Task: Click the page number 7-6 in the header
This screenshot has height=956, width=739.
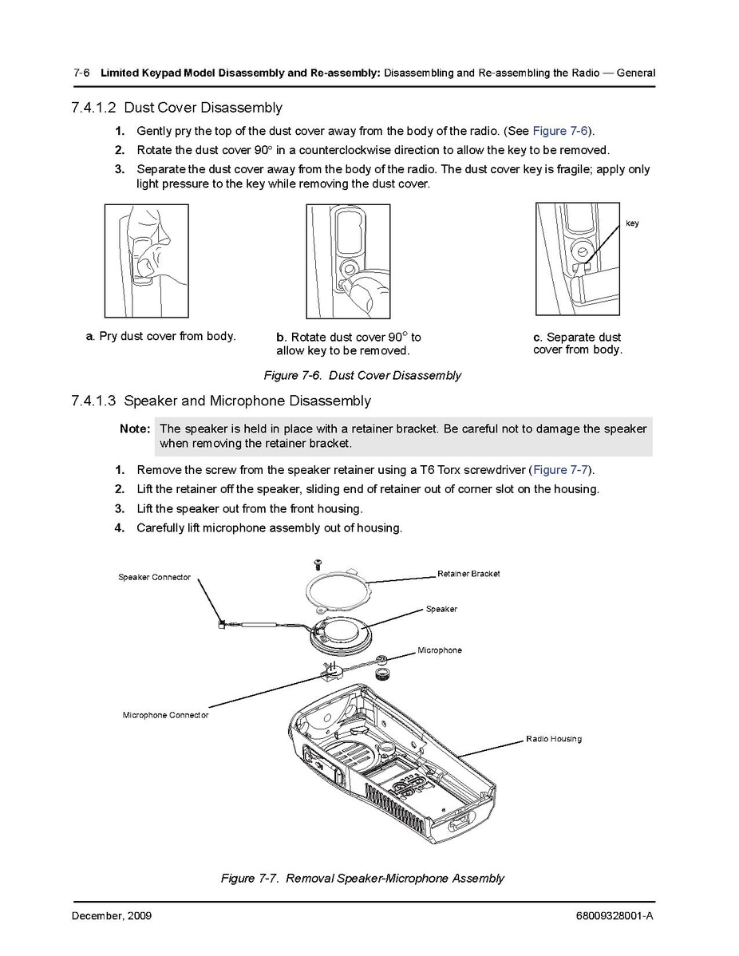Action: coord(81,73)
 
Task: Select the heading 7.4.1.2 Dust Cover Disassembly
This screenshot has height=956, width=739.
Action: coord(176,107)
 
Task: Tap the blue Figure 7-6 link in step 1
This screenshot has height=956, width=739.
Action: coord(562,131)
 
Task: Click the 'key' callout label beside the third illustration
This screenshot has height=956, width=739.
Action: coord(632,223)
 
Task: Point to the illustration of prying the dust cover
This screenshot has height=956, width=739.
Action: coord(147,261)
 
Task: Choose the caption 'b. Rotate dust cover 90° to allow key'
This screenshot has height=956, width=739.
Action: coord(349,344)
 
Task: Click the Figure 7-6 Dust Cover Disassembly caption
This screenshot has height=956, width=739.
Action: coord(362,375)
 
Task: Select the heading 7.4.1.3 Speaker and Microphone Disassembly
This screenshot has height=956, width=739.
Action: coord(220,401)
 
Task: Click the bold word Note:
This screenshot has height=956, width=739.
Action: coord(135,429)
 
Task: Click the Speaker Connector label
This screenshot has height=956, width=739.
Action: coord(155,577)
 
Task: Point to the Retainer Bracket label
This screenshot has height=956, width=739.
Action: coord(468,574)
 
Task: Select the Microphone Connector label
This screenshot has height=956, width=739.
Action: coord(165,715)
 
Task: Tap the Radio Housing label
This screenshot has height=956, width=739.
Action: coord(553,739)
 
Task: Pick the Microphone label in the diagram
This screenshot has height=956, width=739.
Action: coord(439,650)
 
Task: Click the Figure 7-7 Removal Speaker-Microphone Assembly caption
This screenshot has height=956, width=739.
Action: coord(362,879)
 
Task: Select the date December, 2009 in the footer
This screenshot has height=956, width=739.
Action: coord(112,916)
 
